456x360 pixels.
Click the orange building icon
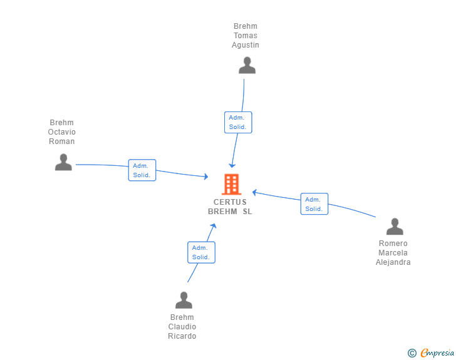(x=231, y=184)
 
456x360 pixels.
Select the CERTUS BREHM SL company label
(x=230, y=207)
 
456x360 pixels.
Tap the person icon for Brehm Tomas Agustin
(x=247, y=65)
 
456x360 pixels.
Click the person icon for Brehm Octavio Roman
(x=63, y=162)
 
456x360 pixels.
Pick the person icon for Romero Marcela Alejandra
(x=394, y=226)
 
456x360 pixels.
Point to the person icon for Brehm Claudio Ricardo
(x=184, y=300)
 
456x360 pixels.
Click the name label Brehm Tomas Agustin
(x=246, y=36)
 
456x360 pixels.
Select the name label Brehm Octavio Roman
(x=62, y=132)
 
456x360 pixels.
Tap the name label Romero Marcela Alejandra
(x=393, y=253)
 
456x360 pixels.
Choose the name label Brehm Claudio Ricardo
(x=182, y=327)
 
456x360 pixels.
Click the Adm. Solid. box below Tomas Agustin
(x=238, y=122)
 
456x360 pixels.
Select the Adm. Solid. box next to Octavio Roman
(x=142, y=170)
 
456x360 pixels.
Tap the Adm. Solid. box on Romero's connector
(x=314, y=204)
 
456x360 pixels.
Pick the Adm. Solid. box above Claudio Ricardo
(x=201, y=252)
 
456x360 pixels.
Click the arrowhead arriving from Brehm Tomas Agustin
(x=232, y=165)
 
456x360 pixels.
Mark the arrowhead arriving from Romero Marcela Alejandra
(x=254, y=192)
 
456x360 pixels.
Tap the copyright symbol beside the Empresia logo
(x=412, y=354)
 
